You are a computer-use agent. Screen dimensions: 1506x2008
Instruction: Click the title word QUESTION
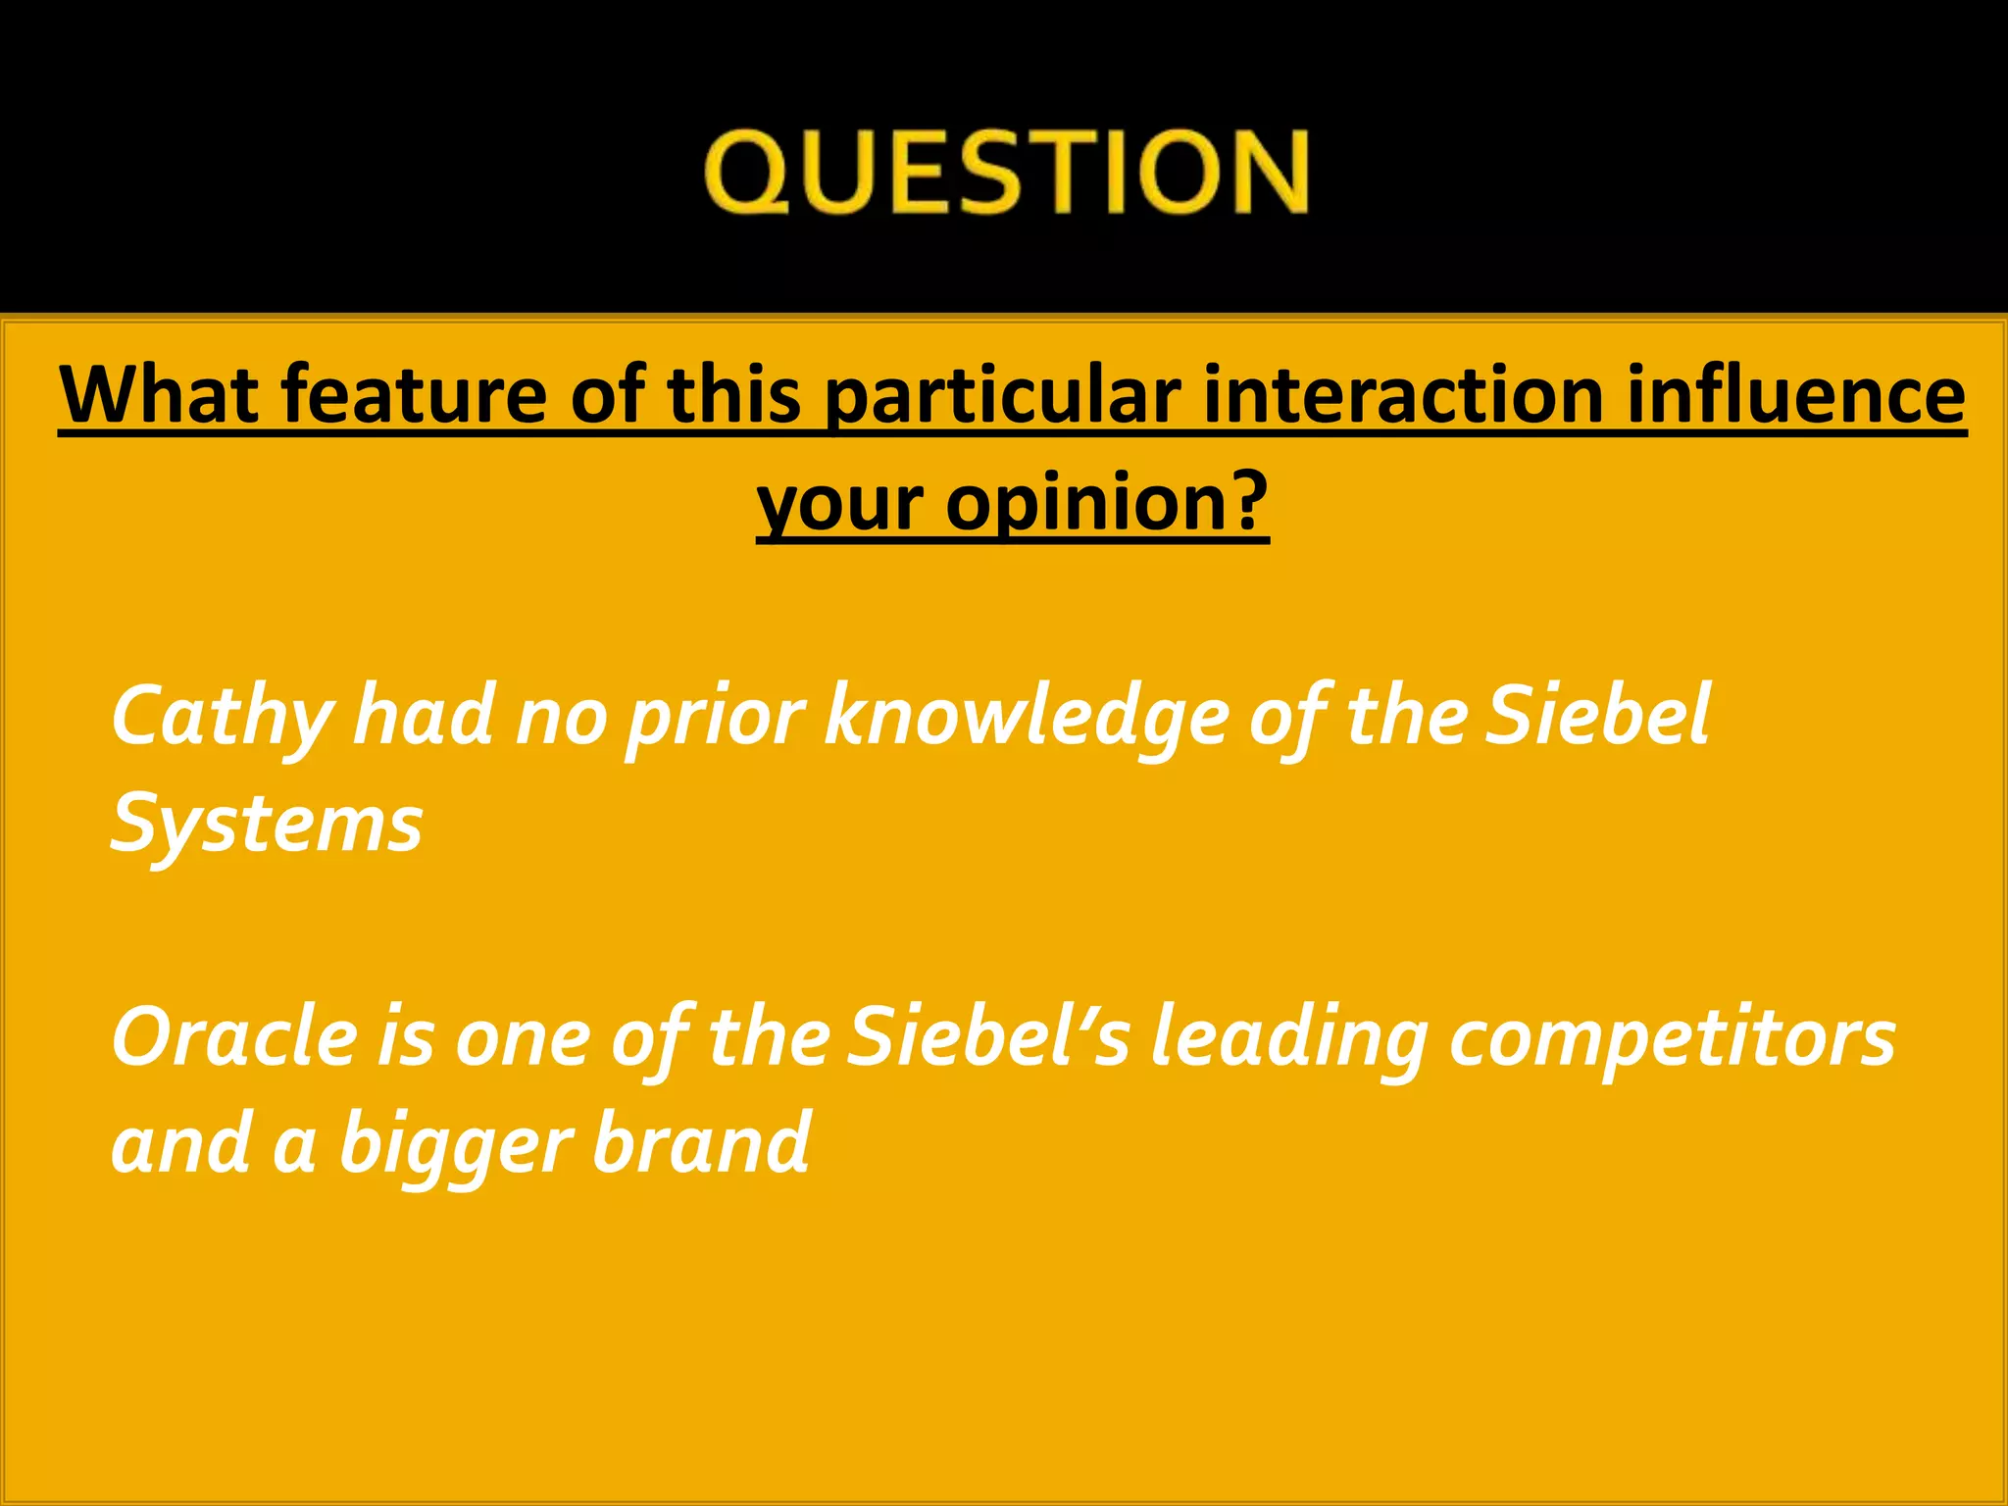click(1006, 172)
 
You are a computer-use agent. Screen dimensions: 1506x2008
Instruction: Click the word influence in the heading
click(1796, 394)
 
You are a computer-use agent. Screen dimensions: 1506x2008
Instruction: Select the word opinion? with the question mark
click(1107, 504)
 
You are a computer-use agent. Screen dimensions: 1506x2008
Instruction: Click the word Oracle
click(234, 1037)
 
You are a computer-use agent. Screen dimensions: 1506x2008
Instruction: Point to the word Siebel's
click(988, 1037)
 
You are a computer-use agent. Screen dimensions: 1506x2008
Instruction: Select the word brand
click(701, 1143)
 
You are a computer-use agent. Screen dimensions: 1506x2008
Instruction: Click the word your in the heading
click(840, 504)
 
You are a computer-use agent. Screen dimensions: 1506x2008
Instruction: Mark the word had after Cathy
click(424, 716)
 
